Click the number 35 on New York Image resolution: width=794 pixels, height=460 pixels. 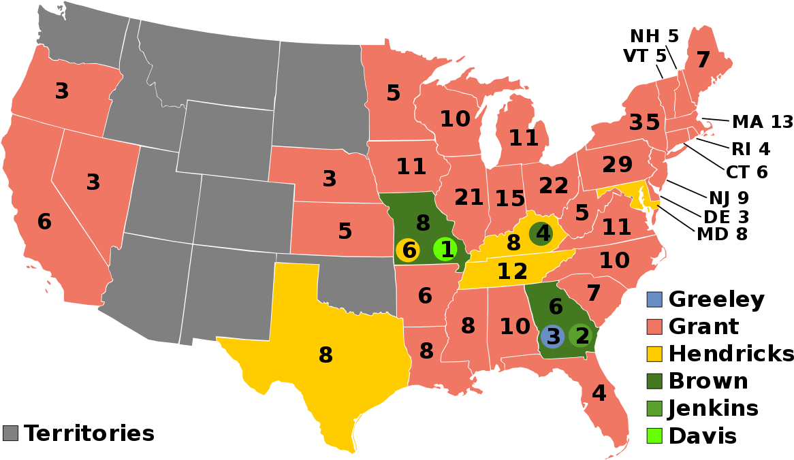click(x=644, y=122)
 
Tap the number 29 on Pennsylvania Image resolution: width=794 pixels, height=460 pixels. click(x=617, y=165)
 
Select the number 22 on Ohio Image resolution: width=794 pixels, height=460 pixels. click(x=554, y=186)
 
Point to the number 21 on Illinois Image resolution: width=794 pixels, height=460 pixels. click(x=469, y=198)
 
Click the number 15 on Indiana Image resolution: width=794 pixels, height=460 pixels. click(x=509, y=199)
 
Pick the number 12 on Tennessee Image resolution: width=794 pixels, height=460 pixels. click(x=512, y=272)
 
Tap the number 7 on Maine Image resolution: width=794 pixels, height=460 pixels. click(x=703, y=61)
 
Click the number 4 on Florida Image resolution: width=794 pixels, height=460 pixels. click(x=599, y=393)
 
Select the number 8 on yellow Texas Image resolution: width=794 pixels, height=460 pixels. click(x=325, y=355)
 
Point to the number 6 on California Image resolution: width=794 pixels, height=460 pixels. click(x=44, y=222)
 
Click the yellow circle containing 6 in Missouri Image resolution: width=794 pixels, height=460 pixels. click(x=408, y=250)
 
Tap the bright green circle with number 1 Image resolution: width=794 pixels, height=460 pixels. click(x=445, y=250)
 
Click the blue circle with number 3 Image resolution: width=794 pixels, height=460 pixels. click(x=552, y=336)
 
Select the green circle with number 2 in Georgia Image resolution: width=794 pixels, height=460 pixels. click(x=582, y=336)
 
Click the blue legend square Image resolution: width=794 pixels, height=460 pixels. click(x=654, y=299)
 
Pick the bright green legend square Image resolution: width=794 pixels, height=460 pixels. click(x=654, y=436)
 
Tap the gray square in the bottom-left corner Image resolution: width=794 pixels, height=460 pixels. click(x=10, y=433)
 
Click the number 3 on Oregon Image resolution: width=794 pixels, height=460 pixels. click(x=62, y=91)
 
